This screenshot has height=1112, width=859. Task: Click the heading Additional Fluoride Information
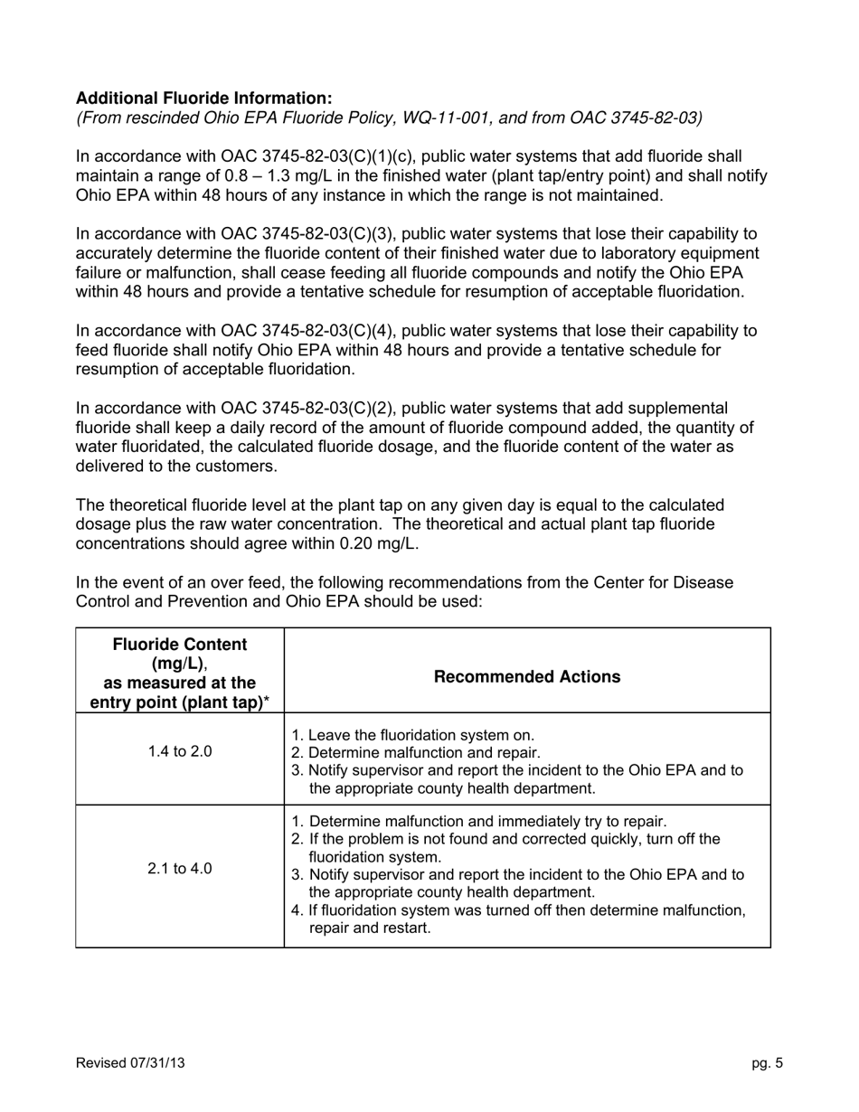point(203,98)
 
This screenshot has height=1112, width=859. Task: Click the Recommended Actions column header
point(527,677)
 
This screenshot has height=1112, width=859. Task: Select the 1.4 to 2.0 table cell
point(180,751)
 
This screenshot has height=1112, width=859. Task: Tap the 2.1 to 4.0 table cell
point(180,869)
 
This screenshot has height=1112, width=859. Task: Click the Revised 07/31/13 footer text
point(130,1063)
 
